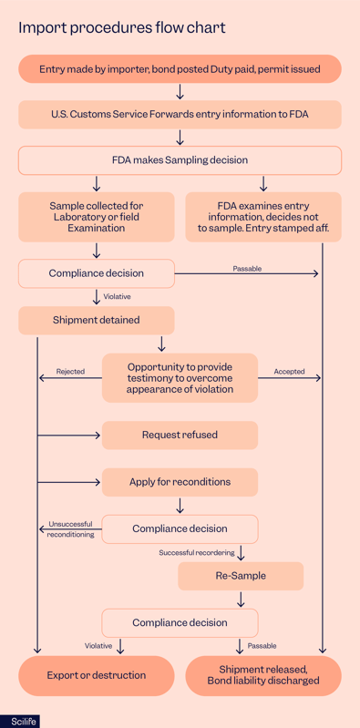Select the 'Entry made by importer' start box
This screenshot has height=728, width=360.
tap(180, 69)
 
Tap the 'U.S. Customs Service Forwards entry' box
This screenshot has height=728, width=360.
tap(180, 115)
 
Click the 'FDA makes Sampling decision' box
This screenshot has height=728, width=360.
tap(180, 160)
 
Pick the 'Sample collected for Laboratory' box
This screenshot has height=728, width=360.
tap(96, 217)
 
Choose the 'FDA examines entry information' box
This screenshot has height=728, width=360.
tap(263, 217)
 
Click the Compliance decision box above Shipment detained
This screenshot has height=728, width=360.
tap(96, 272)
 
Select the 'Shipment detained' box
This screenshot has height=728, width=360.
tap(96, 320)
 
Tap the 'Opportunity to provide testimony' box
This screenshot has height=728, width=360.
tap(180, 377)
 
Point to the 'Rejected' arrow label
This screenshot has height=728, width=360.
tap(70, 372)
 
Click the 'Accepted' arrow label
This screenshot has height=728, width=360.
tap(289, 372)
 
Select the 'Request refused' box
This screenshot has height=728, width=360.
tap(180, 435)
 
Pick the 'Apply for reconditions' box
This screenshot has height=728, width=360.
tap(180, 481)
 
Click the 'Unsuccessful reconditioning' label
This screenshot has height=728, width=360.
tap(70, 529)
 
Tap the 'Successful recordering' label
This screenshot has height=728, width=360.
tap(196, 553)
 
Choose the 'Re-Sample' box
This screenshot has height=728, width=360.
tap(241, 576)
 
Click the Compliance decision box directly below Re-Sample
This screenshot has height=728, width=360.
tap(180, 622)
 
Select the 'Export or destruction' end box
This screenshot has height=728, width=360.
tap(96, 675)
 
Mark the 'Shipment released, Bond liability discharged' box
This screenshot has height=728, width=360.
tap(263, 675)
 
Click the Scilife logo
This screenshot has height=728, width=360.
tap(18, 721)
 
